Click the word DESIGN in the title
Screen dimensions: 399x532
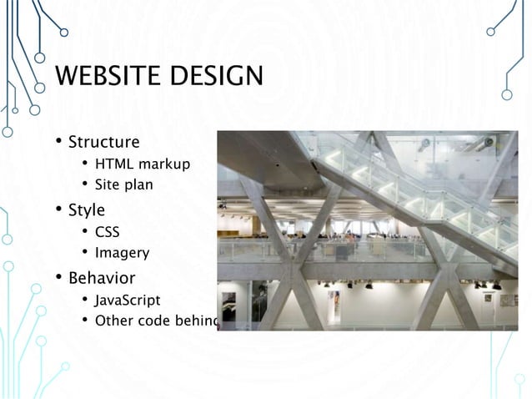click(x=214, y=78)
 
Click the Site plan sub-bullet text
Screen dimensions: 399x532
click(x=123, y=185)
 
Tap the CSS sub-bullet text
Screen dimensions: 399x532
click(x=108, y=231)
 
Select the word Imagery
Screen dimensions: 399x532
click(x=122, y=253)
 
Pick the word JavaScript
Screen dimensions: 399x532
click(x=128, y=300)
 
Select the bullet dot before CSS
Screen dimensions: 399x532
click(x=85, y=231)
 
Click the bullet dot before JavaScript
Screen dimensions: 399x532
click(x=85, y=300)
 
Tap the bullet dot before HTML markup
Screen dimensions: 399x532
click(x=85, y=164)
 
